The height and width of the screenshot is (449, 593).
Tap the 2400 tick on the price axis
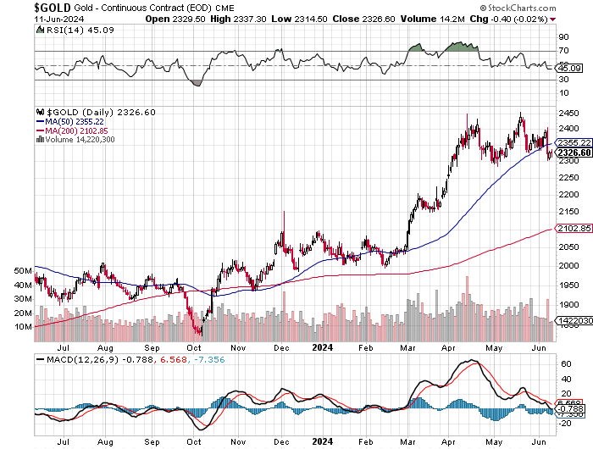(569, 128)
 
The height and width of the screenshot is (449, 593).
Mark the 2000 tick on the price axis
(569, 266)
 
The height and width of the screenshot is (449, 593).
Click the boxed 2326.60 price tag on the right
(574, 152)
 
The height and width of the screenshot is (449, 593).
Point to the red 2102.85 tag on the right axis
(574, 229)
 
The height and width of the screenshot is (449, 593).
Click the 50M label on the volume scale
(20, 270)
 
